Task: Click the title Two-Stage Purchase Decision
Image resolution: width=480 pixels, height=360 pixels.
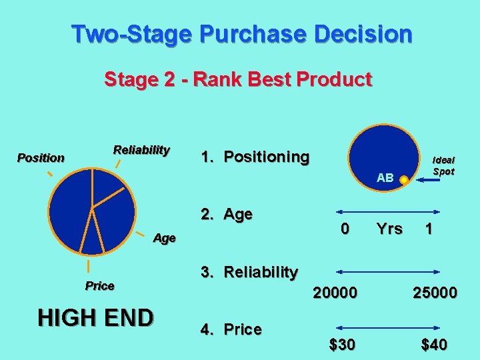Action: [x=241, y=33]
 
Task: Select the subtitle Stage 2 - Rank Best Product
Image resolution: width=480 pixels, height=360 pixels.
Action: [x=237, y=80]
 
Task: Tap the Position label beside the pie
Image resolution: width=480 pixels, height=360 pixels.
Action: [x=41, y=158]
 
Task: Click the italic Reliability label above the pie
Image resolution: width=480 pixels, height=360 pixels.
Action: [x=141, y=149]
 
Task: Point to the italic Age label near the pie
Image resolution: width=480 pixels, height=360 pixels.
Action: [x=164, y=238]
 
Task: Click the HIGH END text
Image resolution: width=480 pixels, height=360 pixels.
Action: [x=95, y=318]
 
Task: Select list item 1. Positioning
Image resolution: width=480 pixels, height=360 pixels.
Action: [x=255, y=157]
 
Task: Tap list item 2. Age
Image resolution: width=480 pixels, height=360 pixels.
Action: [x=227, y=214]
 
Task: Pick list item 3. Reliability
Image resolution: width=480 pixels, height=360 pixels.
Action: [x=249, y=272]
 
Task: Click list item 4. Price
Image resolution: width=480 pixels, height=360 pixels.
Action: [x=231, y=329]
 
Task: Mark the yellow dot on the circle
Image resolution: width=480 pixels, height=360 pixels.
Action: [x=403, y=179]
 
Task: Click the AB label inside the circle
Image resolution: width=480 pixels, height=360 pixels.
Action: [x=385, y=178]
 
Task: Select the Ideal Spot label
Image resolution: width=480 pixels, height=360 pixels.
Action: [x=443, y=165]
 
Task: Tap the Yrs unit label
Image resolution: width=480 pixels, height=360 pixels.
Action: [x=389, y=229]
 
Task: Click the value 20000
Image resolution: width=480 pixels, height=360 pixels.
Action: [x=335, y=292]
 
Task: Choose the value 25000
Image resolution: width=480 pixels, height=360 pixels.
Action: [x=434, y=292]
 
